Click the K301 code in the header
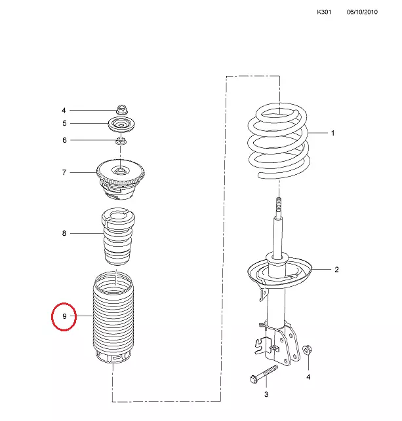click(x=324, y=12)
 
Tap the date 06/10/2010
click(x=362, y=12)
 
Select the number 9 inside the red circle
click(x=64, y=316)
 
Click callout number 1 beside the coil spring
click(x=332, y=133)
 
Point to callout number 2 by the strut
click(x=336, y=269)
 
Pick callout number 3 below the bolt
click(x=266, y=394)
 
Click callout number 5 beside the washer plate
click(x=64, y=123)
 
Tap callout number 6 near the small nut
click(x=64, y=140)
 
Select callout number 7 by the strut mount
click(x=64, y=172)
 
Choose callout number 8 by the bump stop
click(x=64, y=233)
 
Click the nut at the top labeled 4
click(x=122, y=109)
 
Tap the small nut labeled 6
click(x=121, y=140)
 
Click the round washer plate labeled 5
click(x=121, y=124)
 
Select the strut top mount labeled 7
click(x=121, y=179)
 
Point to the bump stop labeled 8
click(x=118, y=236)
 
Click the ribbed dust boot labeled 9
click(x=113, y=318)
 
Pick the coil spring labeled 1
click(x=279, y=141)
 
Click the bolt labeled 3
click(x=264, y=374)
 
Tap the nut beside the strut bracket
click(x=307, y=350)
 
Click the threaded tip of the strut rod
click(x=279, y=204)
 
